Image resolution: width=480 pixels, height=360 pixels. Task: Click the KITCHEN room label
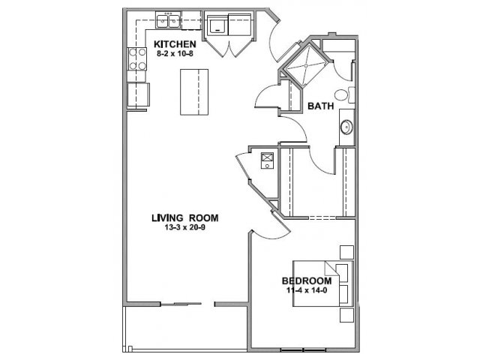point(175,44)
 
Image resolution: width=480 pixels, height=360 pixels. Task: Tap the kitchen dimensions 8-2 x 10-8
point(175,54)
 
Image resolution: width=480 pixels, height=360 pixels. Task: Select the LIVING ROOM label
point(185,218)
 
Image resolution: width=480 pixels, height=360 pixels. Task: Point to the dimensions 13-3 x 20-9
point(185,227)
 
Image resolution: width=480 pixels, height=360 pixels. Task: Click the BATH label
point(320,106)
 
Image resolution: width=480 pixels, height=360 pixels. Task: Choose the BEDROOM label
point(307,280)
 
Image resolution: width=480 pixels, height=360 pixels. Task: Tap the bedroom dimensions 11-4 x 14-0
point(307,290)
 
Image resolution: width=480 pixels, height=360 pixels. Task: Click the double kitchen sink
point(168,20)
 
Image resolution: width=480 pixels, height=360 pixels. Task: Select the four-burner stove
point(136,58)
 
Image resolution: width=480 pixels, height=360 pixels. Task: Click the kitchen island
point(194,91)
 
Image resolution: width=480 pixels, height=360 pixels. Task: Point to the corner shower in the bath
point(306,66)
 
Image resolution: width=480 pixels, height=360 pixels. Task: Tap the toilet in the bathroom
point(344,95)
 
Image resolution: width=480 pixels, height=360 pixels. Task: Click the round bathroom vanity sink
point(346,127)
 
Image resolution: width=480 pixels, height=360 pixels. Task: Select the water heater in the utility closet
point(267,160)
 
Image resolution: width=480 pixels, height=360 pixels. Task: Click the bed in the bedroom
point(323,283)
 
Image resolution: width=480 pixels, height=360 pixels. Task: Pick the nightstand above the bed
point(346,252)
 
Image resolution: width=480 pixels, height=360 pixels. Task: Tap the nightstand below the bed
point(346,315)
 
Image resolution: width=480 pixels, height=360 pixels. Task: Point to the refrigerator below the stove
point(138,94)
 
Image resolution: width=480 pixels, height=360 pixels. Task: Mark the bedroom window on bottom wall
point(303,349)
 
